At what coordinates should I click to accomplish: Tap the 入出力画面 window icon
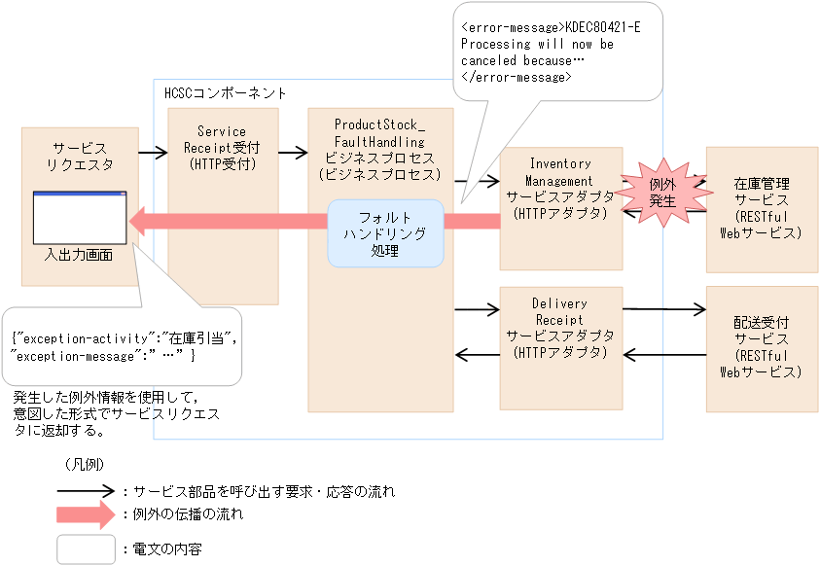pyautogui.click(x=80, y=218)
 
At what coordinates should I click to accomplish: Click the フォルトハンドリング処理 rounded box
pyautogui.click(x=385, y=233)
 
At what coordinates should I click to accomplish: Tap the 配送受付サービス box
pyautogui.click(x=762, y=346)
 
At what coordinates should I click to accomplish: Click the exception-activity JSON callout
pyautogui.click(x=125, y=346)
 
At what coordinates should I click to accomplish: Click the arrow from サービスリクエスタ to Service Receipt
pyautogui.click(x=153, y=153)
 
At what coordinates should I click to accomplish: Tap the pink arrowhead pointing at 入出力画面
pyautogui.click(x=140, y=221)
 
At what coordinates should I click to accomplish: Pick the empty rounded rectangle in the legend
pyautogui.click(x=86, y=549)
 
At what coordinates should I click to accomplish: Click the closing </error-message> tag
pyautogui.click(x=516, y=76)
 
